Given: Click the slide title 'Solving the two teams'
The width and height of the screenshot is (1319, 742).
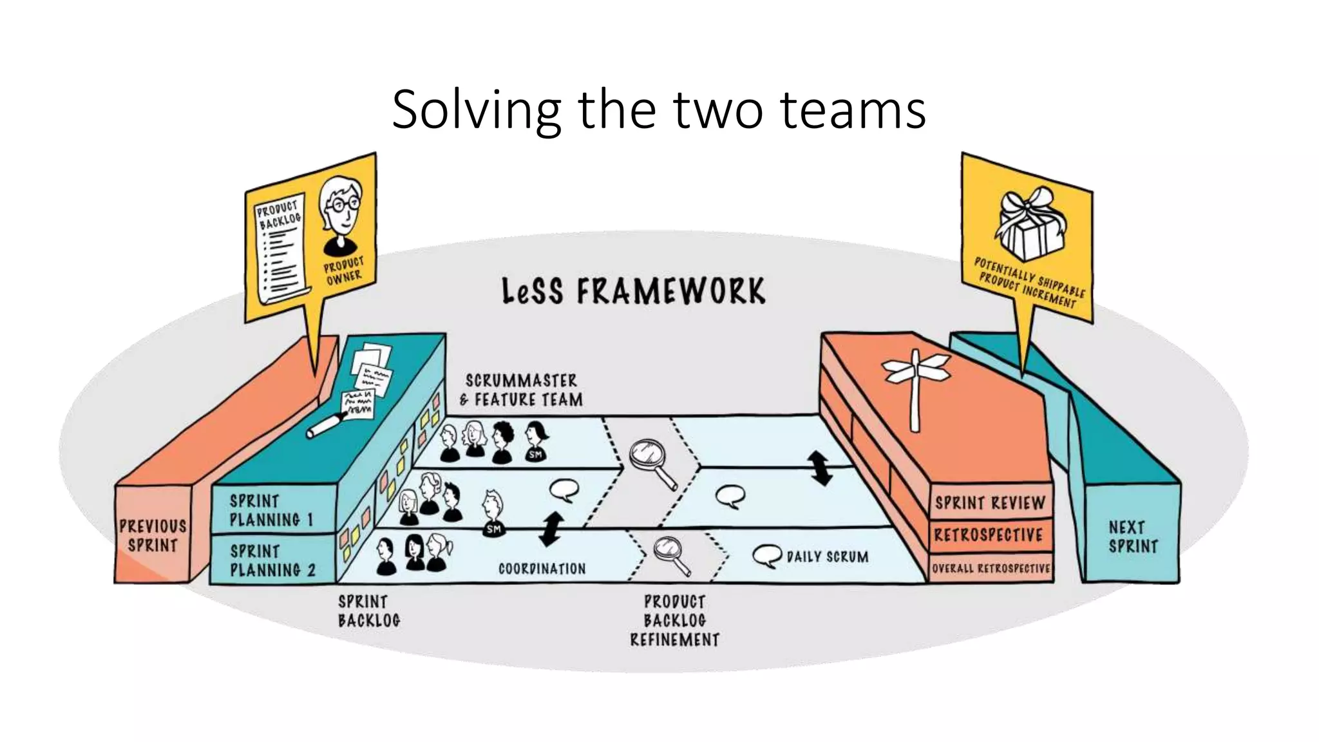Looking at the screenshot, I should pyautogui.click(x=659, y=109).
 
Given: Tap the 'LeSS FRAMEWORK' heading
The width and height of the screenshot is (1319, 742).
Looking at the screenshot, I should pyautogui.click(x=634, y=291).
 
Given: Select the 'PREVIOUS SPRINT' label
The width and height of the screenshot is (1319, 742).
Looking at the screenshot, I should pyautogui.click(x=153, y=536).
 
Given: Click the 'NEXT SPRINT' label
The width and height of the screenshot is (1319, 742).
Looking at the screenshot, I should pyautogui.click(x=1133, y=537).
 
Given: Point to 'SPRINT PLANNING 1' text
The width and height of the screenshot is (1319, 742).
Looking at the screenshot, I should pyautogui.click(x=271, y=511).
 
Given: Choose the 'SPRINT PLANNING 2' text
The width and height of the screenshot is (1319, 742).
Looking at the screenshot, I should pyautogui.click(x=272, y=561).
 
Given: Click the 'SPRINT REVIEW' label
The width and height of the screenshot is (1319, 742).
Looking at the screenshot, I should pyautogui.click(x=990, y=503).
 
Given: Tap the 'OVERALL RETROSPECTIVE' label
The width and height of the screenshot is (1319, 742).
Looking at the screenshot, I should pyautogui.click(x=991, y=569).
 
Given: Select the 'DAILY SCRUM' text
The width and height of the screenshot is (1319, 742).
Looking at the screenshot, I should pyautogui.click(x=828, y=556).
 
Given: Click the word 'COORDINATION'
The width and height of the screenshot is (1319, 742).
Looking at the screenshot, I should pyautogui.click(x=542, y=569).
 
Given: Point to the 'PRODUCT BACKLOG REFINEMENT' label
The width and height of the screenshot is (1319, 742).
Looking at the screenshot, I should pyautogui.click(x=674, y=620).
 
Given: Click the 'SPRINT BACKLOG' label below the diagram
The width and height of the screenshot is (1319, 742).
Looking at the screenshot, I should pyautogui.click(x=369, y=611).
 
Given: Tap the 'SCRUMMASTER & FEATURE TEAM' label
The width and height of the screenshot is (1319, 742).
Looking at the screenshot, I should pyautogui.click(x=522, y=390).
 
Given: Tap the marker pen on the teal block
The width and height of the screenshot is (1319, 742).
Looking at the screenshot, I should pyautogui.click(x=327, y=425).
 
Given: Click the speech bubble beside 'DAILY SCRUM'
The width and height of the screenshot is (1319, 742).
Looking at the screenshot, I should pyautogui.click(x=766, y=556).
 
